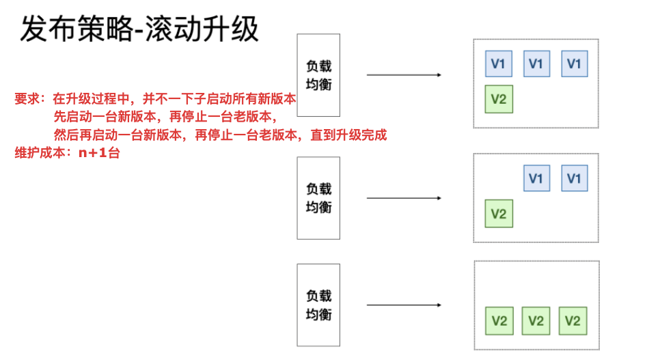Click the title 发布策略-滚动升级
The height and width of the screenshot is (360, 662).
click(139, 29)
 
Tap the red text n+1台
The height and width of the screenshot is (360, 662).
click(99, 152)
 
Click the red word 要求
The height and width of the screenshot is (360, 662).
click(27, 99)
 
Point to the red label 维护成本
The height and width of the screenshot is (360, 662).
click(40, 152)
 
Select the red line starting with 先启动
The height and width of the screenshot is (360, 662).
click(165, 117)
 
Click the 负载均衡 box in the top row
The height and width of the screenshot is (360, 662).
click(318, 75)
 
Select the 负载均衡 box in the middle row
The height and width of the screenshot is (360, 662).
click(318, 198)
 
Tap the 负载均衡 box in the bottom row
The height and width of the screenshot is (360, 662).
click(318, 305)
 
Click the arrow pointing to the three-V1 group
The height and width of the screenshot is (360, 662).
click(404, 74)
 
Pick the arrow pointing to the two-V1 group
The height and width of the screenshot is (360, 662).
click(404, 198)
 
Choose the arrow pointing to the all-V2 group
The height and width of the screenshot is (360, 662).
click(404, 305)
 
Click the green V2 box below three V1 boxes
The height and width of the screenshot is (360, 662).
click(499, 99)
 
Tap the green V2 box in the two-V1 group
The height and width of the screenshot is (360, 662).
click(499, 214)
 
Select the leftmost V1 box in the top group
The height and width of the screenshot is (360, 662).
click(499, 64)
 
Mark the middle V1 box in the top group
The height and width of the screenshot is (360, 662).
click(536, 64)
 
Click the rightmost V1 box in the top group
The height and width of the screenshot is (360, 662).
click(575, 64)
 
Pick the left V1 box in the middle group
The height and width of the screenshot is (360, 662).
click(536, 178)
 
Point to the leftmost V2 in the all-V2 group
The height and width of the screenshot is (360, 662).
click(499, 321)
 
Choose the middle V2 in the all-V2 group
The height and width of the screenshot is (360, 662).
click(536, 321)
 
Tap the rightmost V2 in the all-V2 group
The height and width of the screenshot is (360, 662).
click(573, 321)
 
